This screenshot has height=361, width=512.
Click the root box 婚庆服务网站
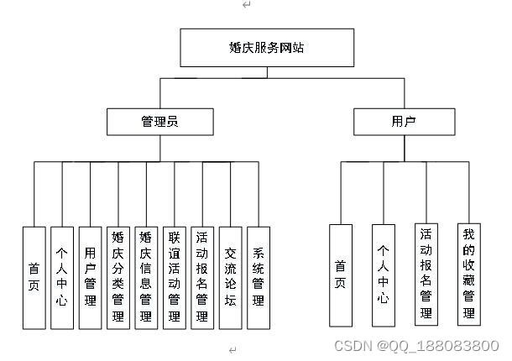tap(267, 48)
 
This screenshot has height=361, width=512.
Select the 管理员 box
tap(159, 122)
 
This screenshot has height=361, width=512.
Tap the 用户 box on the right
tap(403, 122)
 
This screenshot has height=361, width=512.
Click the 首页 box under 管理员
tap(34, 277)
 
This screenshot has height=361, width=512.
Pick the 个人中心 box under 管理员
tap(61, 277)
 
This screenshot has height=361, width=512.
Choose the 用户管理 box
tap(90, 277)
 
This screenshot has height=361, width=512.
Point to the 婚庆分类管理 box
tap(118, 277)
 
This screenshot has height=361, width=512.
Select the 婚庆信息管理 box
tap(146, 277)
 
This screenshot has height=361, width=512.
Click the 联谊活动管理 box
tap(174, 277)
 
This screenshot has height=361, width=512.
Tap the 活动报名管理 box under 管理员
tap(202, 277)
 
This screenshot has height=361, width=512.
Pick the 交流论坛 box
tap(230, 277)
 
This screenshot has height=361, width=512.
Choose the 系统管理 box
tap(259, 277)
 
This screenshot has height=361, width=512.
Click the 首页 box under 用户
tap(340, 275)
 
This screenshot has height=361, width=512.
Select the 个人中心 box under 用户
tap(383, 275)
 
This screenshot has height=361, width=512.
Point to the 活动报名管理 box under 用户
tap(426, 274)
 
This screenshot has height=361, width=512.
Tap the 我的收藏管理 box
tap(469, 274)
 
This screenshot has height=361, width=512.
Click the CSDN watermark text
tap(416, 346)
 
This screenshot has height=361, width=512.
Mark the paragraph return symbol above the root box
tap(246, 5)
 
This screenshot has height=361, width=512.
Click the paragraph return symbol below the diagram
tap(233, 348)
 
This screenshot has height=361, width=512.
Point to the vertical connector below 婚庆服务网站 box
tap(267, 72)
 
